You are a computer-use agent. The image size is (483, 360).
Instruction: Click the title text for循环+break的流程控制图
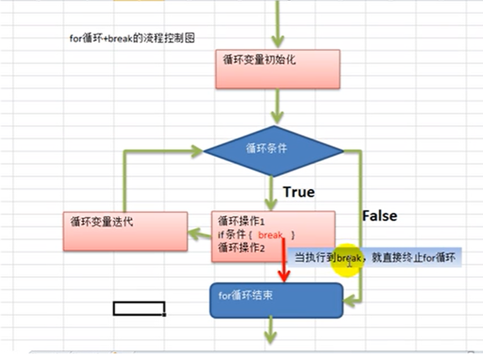132,39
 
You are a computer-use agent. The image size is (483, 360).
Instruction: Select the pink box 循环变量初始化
278,69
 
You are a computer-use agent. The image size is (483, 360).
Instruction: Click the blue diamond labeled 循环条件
273,151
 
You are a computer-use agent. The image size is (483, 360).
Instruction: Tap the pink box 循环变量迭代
125,231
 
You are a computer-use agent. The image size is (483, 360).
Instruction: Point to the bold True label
299,192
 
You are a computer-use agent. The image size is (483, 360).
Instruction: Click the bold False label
380,216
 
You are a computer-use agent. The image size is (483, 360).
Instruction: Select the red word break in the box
270,235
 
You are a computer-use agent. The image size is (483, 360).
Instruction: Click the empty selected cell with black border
139,308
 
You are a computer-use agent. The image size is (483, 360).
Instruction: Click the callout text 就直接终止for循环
413,258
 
